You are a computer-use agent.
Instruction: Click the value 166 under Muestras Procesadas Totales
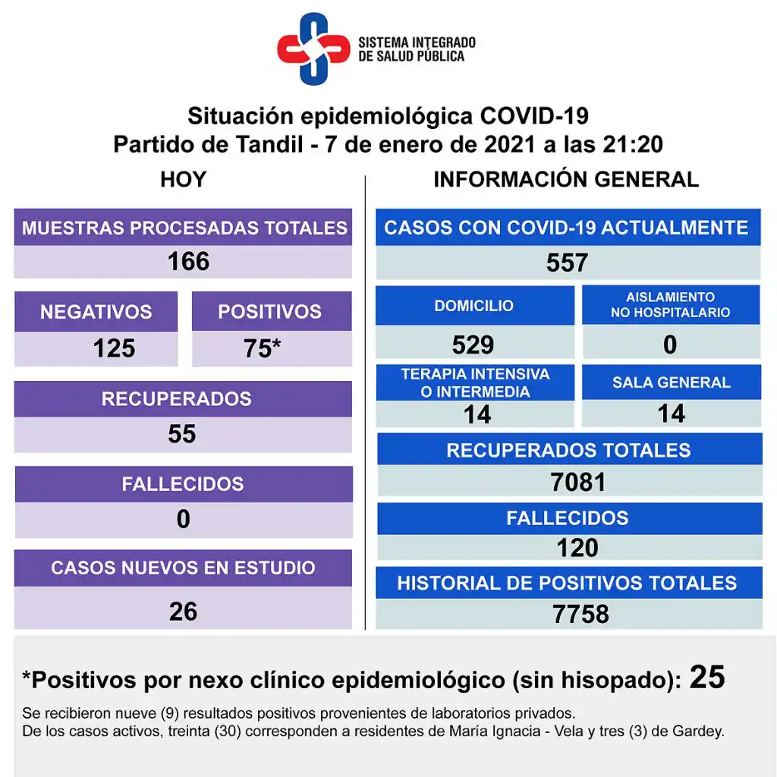tap(188, 262)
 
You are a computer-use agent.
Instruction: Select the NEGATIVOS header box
tap(96, 312)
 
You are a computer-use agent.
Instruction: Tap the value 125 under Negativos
tap(114, 349)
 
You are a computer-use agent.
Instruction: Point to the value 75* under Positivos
tap(263, 349)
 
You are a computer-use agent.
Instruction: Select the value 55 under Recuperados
tap(182, 434)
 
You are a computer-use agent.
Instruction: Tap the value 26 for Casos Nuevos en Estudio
tap(183, 612)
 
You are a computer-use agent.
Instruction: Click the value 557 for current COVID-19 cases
tap(567, 263)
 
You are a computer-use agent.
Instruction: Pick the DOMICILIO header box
tap(474, 306)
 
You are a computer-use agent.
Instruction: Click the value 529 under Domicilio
tap(473, 345)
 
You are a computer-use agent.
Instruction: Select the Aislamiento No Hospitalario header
tap(671, 305)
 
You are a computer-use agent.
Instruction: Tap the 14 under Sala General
tap(672, 414)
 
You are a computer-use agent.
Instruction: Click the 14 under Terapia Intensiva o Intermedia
tap(477, 414)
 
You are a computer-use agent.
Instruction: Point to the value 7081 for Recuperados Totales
tap(578, 482)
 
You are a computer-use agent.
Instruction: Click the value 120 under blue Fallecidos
tap(577, 548)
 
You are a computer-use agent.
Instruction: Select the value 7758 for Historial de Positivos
tap(580, 615)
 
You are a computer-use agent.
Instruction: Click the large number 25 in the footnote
tap(707, 677)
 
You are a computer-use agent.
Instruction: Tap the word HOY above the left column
tap(183, 180)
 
